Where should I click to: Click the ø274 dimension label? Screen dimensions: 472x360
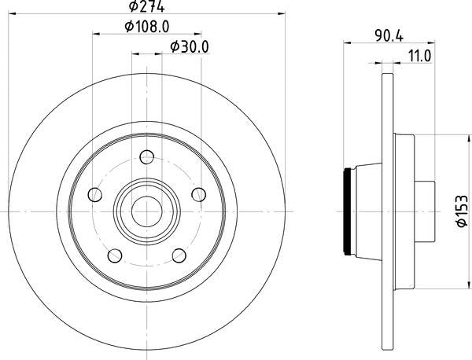coord(146,6)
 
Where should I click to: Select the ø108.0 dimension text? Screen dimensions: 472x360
coord(147,27)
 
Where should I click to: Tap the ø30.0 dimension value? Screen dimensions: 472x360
coord(190,47)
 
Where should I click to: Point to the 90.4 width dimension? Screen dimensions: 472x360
coord(389,36)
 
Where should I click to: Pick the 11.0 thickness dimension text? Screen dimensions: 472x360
coord(419,56)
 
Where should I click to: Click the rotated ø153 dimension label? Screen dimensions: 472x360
coord(462,211)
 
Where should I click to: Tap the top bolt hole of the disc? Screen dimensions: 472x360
coord(147,156)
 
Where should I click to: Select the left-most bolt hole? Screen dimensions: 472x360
coord(95,195)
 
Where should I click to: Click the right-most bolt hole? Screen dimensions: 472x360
coord(199,195)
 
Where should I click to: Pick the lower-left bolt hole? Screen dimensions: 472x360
coord(115,255)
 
